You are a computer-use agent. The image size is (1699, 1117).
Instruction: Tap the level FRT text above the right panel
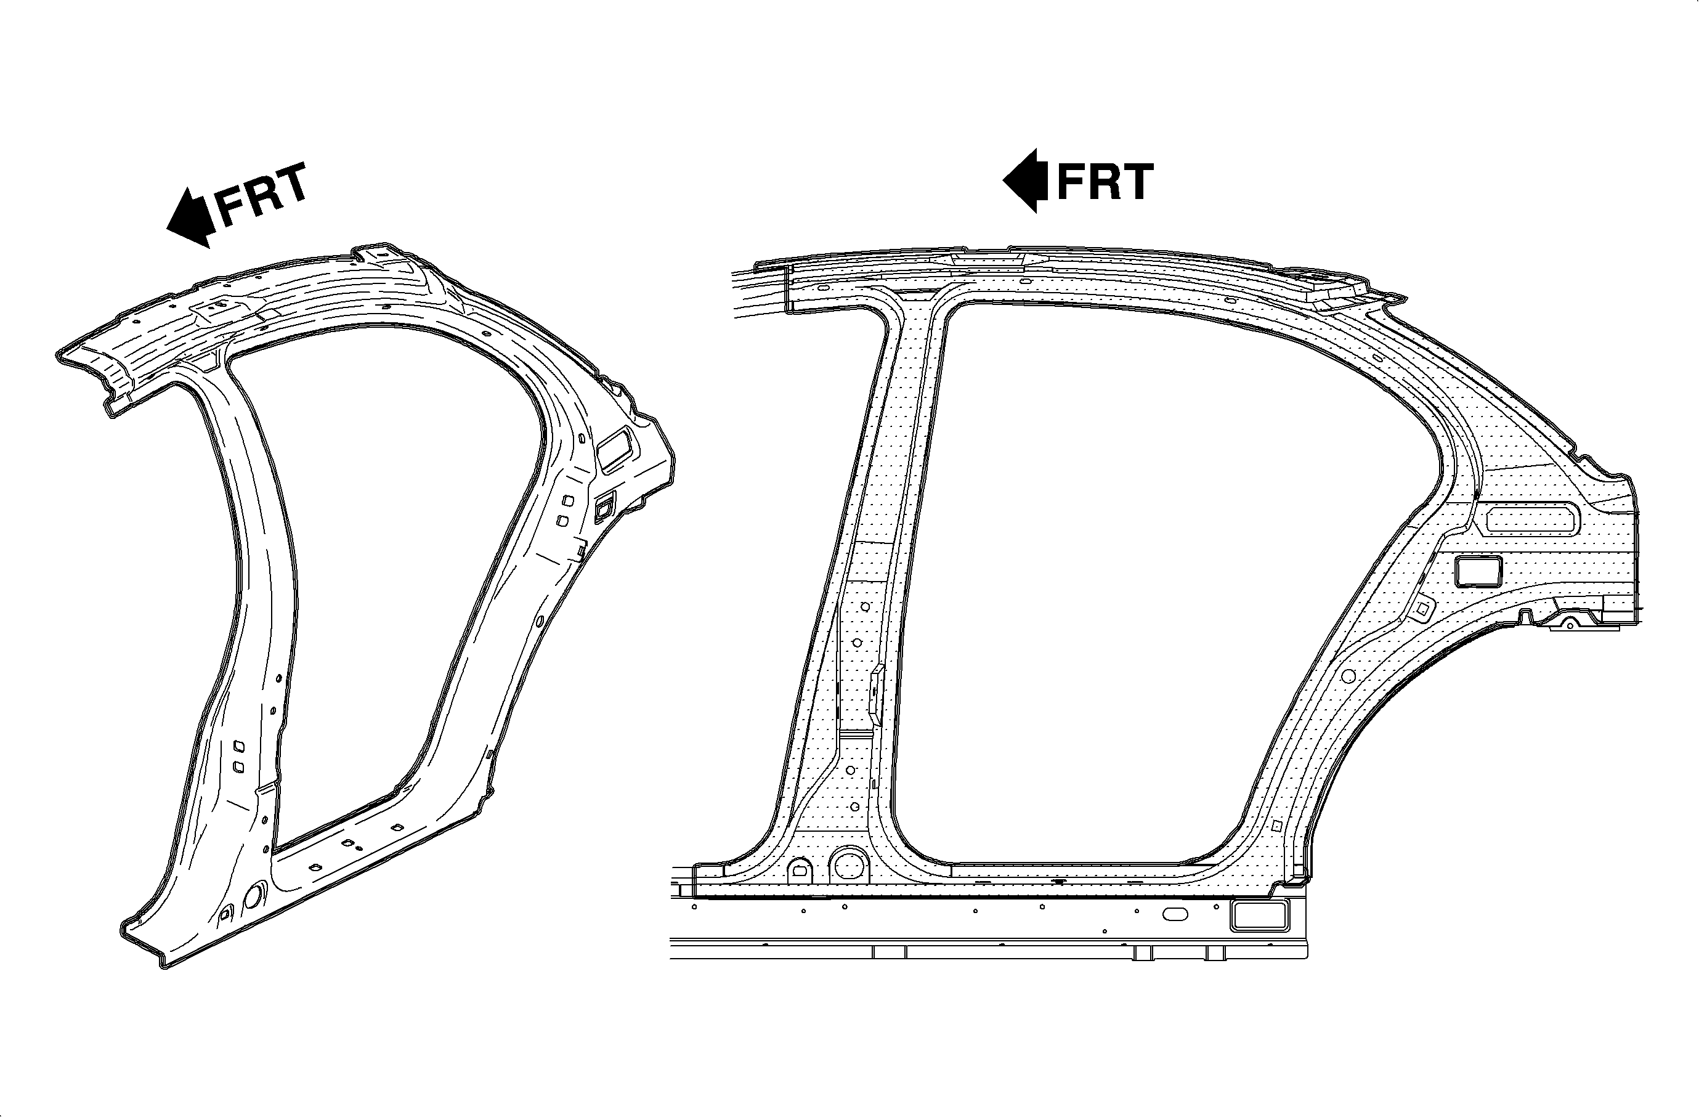point(1105,181)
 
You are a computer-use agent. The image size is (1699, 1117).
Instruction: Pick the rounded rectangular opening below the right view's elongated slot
point(1478,572)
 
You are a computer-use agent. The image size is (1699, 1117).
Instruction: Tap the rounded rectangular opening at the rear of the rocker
point(1259,916)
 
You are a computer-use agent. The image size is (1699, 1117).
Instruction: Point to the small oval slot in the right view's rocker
point(1176,914)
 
